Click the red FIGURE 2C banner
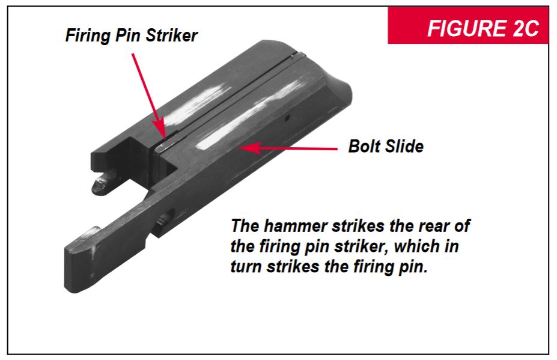pos(468,25)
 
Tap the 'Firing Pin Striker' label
pos(132,35)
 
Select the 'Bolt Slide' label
pos(386,146)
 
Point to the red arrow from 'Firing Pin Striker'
pos(149,96)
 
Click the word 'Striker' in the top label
pos(172,35)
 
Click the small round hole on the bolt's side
pos(287,117)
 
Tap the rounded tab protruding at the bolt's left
pos(103,182)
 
